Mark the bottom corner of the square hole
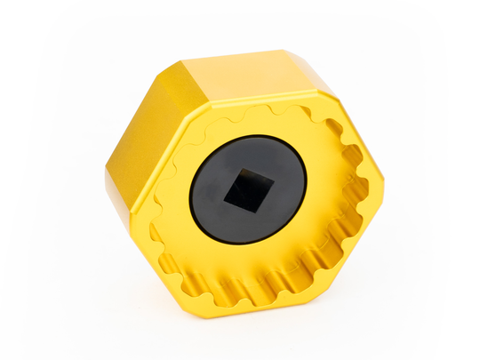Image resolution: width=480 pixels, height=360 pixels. pyautogui.click(x=241, y=211)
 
